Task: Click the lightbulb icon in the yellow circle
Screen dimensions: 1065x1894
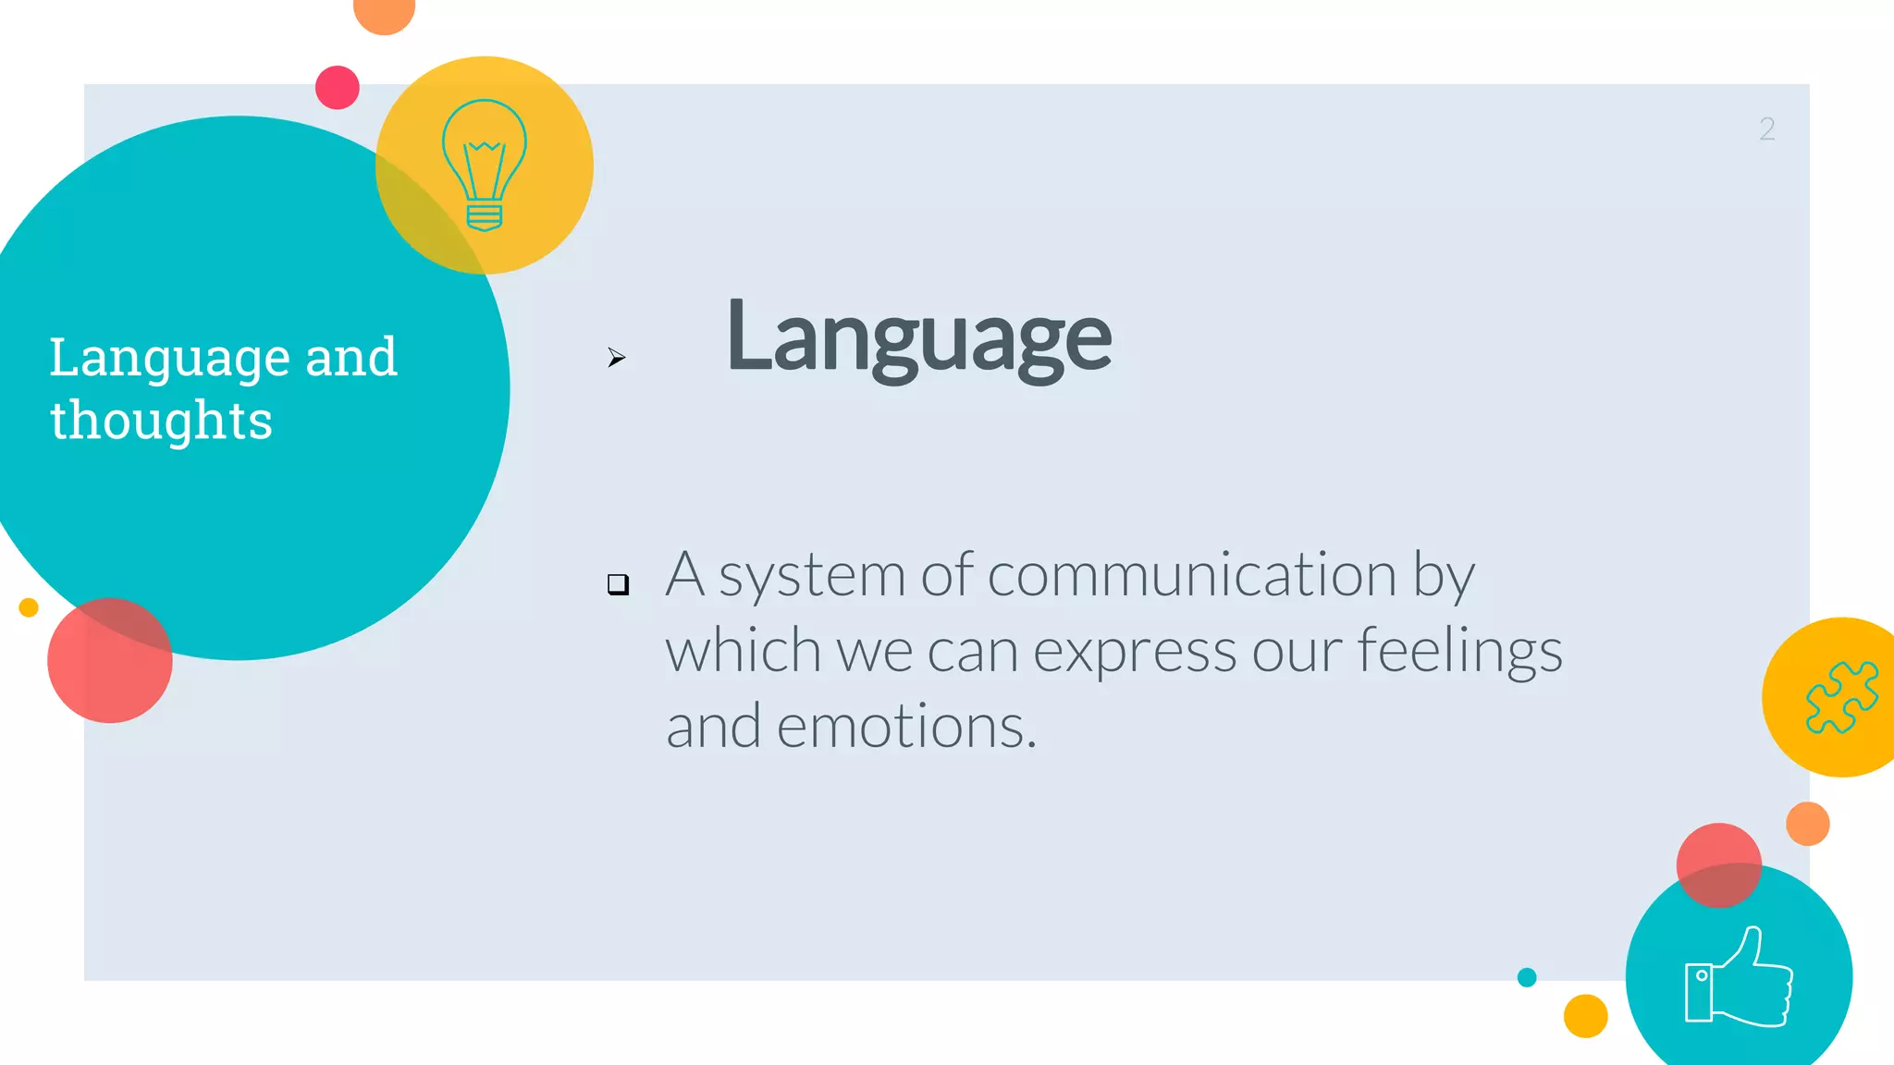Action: [485, 165]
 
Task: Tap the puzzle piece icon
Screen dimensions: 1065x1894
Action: [1841, 697]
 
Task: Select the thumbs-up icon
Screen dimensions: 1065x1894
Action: [1739, 978]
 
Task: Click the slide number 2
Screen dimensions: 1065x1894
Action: [1766, 129]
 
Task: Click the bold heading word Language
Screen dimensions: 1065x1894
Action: [918, 337]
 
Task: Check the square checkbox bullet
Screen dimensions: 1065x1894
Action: [618, 583]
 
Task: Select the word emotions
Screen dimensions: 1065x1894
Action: [906, 727]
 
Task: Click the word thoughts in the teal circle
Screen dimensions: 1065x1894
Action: [161, 421]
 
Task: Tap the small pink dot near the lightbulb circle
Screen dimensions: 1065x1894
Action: [338, 88]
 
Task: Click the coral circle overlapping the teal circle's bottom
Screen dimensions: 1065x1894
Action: [110, 660]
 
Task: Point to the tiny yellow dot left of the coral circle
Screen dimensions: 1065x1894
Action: [29, 607]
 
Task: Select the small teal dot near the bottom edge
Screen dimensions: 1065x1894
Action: [1527, 977]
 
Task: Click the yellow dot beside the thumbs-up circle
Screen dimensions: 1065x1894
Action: [1585, 1016]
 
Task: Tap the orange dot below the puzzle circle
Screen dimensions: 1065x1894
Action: [1807, 824]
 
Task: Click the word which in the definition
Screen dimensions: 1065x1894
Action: [742, 651]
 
